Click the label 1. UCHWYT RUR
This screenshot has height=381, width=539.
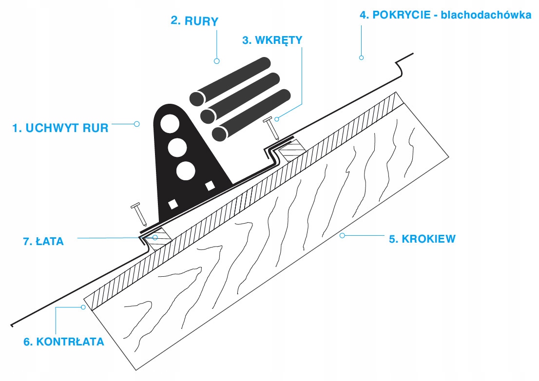pyautogui.click(x=60, y=129)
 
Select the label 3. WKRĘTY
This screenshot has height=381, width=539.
pyautogui.click(x=272, y=40)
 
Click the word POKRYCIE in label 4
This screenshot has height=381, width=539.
pyautogui.click(x=396, y=15)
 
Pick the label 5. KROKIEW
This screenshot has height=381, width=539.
pyautogui.click(x=422, y=239)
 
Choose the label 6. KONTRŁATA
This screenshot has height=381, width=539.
pyautogui.click(x=64, y=342)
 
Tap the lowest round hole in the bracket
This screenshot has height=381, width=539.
pyautogui.click(x=186, y=171)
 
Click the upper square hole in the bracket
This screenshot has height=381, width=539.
pyautogui.click(x=210, y=185)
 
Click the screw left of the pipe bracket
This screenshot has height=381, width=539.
pyautogui.click(x=138, y=213)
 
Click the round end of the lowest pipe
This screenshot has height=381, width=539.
pyautogui.click(x=220, y=133)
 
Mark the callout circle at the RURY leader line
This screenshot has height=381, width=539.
pyautogui.click(x=217, y=61)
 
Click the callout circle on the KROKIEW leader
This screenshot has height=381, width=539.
pyautogui.click(x=342, y=235)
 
